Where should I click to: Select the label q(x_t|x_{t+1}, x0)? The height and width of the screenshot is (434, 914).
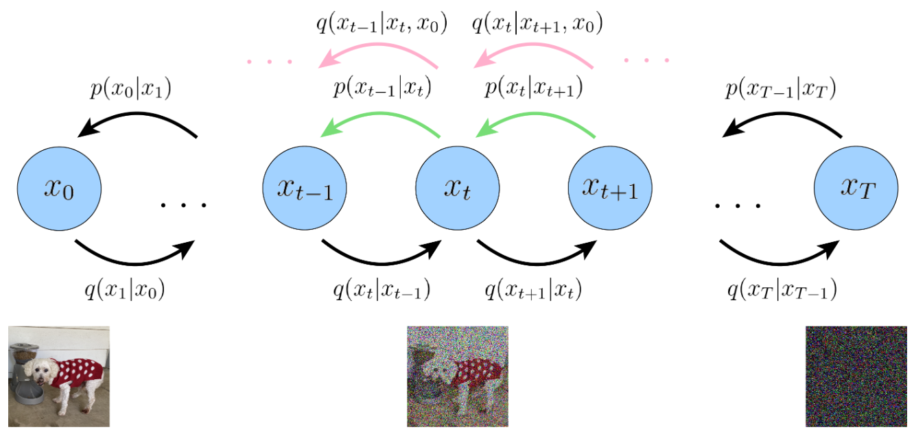[537, 26]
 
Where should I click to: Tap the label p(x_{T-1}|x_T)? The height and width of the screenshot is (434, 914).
[780, 90]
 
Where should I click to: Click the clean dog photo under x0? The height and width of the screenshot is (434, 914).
[58, 376]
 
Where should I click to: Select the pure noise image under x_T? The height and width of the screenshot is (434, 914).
[856, 376]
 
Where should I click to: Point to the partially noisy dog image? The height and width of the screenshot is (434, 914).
[458, 376]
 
